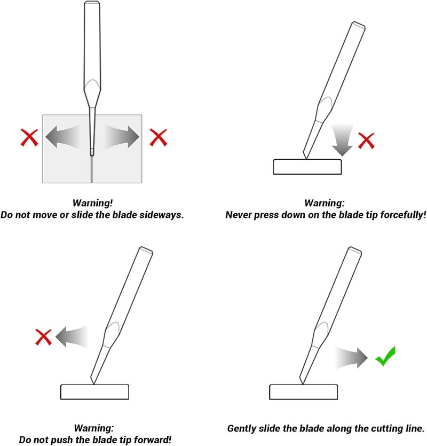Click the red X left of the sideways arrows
click(29, 137)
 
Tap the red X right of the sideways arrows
click(159, 137)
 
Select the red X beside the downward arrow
click(366, 140)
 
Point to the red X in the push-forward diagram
click(43, 337)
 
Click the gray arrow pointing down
click(342, 140)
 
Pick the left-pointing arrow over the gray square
click(62, 137)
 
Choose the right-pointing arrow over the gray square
click(122, 137)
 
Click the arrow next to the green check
click(352, 358)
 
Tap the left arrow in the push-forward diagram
click(72, 337)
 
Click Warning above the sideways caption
click(92, 203)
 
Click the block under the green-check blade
click(303, 392)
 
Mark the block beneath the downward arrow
click(307, 167)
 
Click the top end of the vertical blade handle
click(92, 2)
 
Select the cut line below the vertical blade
click(92, 169)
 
